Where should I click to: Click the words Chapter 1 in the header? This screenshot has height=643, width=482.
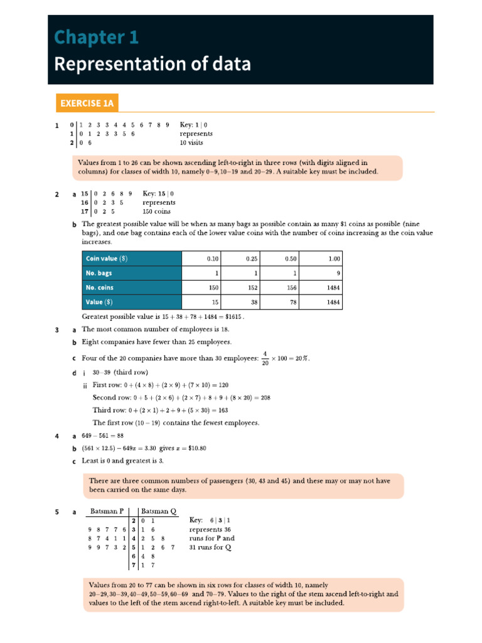pos(96,38)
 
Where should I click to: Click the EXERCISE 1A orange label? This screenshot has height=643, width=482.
pos(87,103)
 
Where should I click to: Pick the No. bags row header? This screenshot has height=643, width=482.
pos(99,273)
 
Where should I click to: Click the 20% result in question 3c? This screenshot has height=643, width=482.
pos(299,359)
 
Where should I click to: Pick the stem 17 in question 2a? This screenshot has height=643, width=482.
pos(84,212)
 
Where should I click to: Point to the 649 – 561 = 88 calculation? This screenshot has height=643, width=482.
pos(103,436)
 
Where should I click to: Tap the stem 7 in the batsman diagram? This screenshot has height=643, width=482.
pos(134,565)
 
